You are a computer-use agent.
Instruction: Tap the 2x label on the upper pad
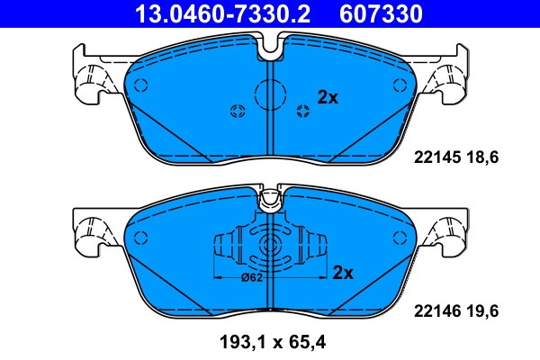pyautogui.click(x=328, y=98)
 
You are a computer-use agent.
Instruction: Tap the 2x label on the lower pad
pyautogui.click(x=345, y=272)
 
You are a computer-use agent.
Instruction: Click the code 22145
pyautogui.click(x=436, y=157)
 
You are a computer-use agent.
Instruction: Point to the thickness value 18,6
pyautogui.click(x=481, y=157)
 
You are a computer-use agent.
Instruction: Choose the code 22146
pyautogui.click(x=436, y=311)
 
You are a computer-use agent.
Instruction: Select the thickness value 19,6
pyautogui.click(x=481, y=311)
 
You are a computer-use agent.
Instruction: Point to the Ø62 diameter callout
pyautogui.click(x=252, y=277)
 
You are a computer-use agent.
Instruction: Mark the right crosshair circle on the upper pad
pyautogui.click(x=302, y=111)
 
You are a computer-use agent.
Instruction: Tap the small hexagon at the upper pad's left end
pyautogui.click(x=139, y=85)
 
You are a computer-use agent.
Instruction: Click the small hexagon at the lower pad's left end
pyautogui.click(x=139, y=237)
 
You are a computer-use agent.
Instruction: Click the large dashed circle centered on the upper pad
pyautogui.click(x=270, y=93)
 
